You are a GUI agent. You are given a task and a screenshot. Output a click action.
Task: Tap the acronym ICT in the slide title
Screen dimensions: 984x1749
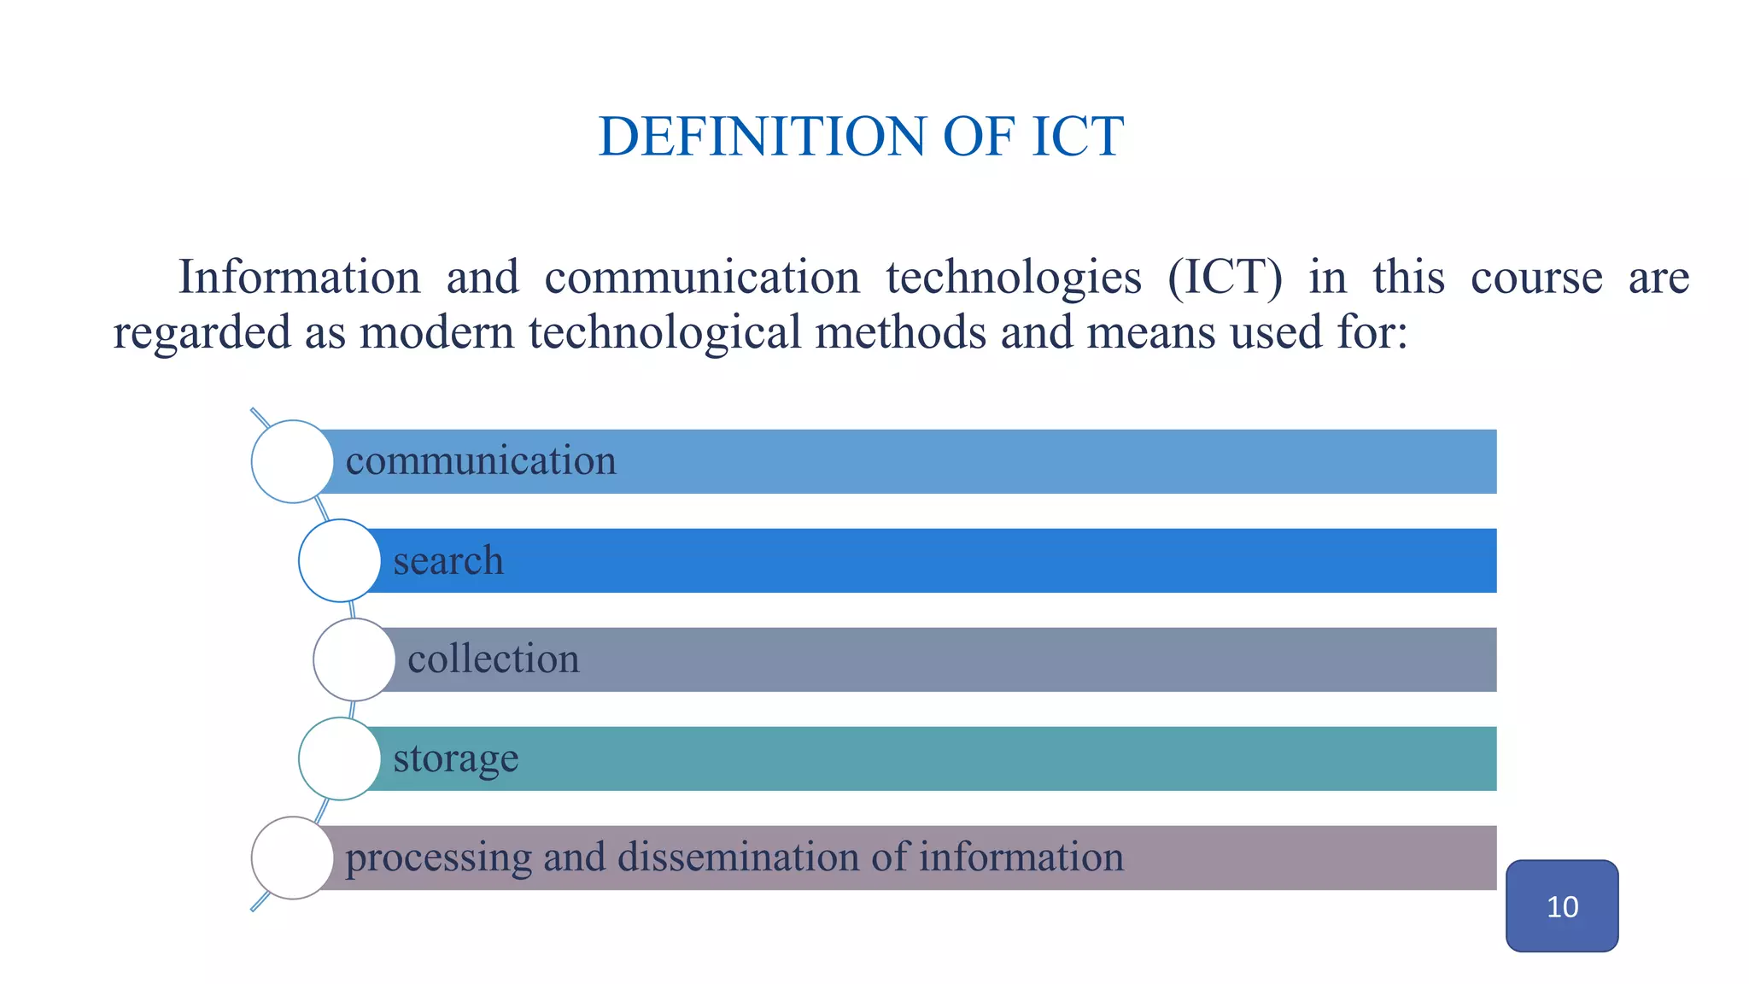(1077, 137)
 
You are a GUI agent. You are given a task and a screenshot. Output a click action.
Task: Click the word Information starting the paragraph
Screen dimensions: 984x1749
(299, 278)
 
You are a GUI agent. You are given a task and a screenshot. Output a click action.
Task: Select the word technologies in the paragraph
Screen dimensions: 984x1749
(1013, 278)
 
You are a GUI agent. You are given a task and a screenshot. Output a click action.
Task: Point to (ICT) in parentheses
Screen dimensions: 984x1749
(1225, 278)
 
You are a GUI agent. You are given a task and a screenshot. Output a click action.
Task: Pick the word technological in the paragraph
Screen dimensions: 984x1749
(664, 332)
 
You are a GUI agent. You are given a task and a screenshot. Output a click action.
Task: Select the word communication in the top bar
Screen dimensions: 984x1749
(481, 461)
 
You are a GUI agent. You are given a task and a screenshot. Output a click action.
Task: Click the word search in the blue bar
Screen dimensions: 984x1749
(448, 560)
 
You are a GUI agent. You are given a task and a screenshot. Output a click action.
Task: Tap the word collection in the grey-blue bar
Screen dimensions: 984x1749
(494, 659)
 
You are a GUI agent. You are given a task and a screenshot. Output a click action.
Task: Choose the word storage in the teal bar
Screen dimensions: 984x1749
(456, 758)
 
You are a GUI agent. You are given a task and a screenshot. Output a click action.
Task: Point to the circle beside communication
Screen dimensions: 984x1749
(292, 461)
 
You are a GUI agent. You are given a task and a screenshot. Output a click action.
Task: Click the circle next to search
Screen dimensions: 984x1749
(340, 560)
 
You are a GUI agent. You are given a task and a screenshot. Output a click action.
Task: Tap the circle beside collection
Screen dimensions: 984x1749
(354, 659)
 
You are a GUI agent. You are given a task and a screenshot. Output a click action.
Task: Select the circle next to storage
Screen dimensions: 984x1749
(340, 758)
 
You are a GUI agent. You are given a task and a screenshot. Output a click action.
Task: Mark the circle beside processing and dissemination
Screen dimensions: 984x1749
(292, 858)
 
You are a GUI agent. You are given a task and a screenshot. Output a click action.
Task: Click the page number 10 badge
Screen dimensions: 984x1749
(1562, 906)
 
